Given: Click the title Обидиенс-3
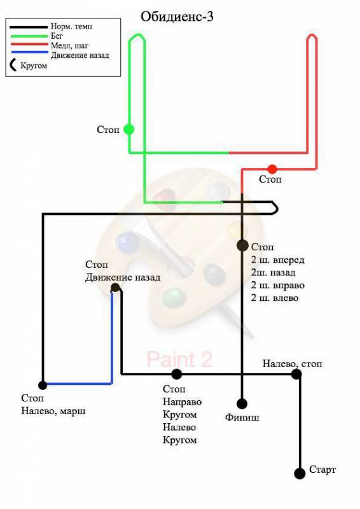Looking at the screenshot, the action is [x=177, y=17].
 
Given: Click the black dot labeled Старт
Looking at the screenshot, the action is [x=300, y=473].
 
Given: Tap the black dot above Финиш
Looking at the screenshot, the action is [x=242, y=403].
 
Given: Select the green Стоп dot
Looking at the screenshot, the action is [x=129, y=129].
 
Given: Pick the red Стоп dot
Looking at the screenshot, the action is [x=272, y=169].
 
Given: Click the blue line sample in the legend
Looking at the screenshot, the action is [x=29, y=52].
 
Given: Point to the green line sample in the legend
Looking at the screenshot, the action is [x=29, y=36].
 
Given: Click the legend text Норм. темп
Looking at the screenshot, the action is [x=71, y=26].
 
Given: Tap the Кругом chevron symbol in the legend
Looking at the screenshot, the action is [x=13, y=65].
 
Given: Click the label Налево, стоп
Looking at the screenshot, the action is [x=292, y=363].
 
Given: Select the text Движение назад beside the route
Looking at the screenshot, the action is [x=123, y=277].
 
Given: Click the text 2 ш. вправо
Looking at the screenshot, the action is [x=277, y=285].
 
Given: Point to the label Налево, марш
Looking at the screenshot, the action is [x=53, y=411].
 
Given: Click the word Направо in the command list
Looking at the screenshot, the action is [x=182, y=402].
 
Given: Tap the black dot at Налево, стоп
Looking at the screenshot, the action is [x=296, y=374].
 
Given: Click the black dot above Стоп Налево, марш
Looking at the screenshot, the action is [x=43, y=385].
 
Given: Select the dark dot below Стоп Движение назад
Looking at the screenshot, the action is [x=115, y=288].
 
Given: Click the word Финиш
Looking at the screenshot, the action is [x=242, y=417].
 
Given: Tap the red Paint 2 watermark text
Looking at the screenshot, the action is [x=179, y=359].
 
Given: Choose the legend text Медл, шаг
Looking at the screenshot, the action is [x=69, y=45].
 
